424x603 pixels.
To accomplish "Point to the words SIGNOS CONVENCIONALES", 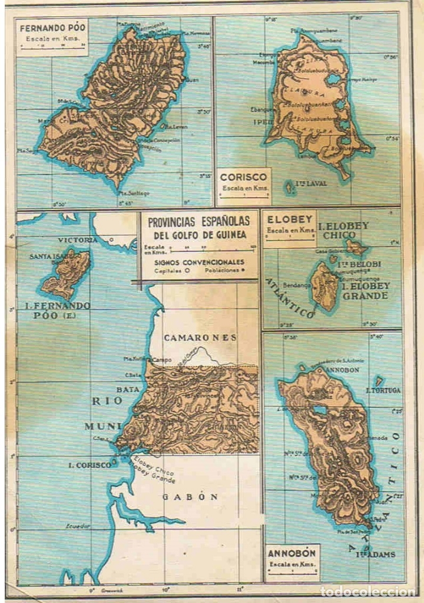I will pyautogui.click(x=198, y=262).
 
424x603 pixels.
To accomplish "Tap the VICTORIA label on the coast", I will pyautogui.click(x=78, y=240).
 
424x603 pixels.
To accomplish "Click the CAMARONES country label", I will pyautogui.click(x=200, y=338).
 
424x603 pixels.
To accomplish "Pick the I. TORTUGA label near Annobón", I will pyautogui.click(x=383, y=390).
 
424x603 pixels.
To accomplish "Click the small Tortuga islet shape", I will pyautogui.click(x=379, y=381).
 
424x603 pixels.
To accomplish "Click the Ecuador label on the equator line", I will pyautogui.click(x=78, y=526).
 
